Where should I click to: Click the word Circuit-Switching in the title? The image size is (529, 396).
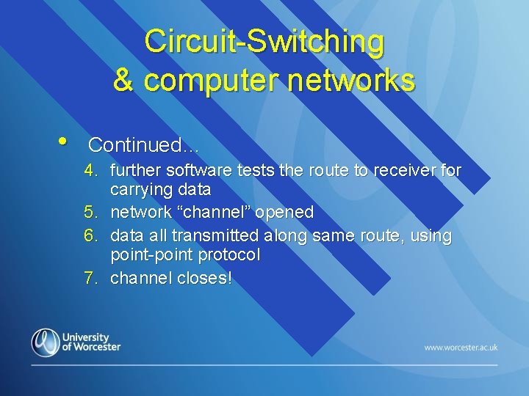264,41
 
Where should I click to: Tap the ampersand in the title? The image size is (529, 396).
123,80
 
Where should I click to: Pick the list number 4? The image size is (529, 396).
90,171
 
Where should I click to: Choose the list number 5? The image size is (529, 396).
90,213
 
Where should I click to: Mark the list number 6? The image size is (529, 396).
90,236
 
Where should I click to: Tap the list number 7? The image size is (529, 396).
90,279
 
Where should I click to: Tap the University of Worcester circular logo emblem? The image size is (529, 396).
45,342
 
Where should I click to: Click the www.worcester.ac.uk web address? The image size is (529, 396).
461,347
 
